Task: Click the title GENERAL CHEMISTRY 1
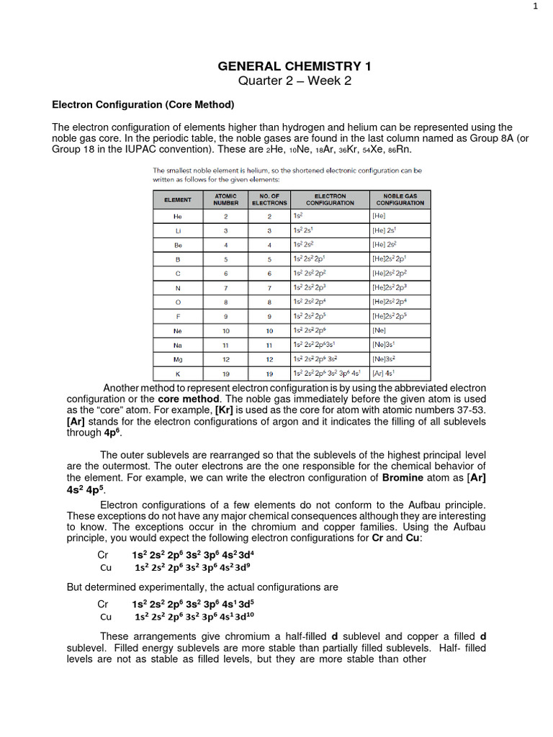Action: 295,67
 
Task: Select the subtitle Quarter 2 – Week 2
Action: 295,81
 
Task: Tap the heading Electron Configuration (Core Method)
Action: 143,105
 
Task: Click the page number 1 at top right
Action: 535,6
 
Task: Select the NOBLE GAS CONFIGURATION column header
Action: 400,199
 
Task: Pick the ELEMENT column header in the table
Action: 178,199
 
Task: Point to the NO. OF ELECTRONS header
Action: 269,199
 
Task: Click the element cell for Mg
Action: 178,358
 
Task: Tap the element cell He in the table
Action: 178,216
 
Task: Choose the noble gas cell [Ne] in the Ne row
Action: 379,330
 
